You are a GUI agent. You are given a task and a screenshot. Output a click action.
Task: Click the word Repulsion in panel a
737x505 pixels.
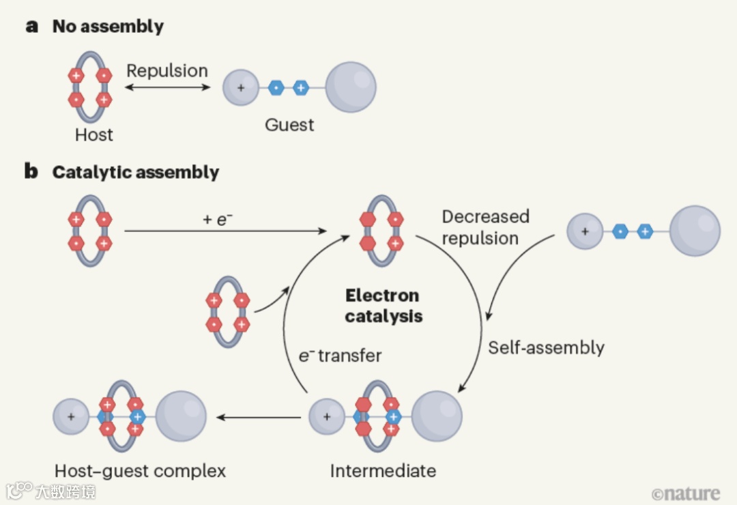coord(167,71)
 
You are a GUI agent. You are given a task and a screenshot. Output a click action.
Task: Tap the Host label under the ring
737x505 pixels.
coord(93,134)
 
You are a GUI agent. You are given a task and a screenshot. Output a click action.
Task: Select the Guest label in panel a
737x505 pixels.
coord(290,125)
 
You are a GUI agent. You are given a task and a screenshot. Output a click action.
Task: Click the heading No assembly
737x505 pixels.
coord(108,27)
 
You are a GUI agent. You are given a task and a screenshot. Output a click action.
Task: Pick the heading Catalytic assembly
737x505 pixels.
coord(135,172)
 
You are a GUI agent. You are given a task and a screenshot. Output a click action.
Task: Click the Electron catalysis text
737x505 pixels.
coord(383,306)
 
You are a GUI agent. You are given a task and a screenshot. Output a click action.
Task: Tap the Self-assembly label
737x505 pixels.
coord(546,347)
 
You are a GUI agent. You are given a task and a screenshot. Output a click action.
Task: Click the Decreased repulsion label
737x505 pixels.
coord(485,227)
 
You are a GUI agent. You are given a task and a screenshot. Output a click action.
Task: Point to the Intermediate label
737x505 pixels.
coord(383,471)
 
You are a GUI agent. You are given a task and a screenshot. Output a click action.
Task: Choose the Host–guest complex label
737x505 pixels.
coord(140,471)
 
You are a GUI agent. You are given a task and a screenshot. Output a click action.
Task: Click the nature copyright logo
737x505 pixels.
coord(685,493)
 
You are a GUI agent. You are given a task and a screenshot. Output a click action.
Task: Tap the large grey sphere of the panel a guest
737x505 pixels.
coord(351,87)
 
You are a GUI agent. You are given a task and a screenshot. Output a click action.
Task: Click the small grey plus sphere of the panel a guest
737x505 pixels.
coord(240,88)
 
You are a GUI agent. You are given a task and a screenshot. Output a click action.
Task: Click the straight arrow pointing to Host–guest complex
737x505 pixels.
coord(259,416)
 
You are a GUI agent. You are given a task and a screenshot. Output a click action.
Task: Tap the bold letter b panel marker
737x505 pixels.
coord(31,171)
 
